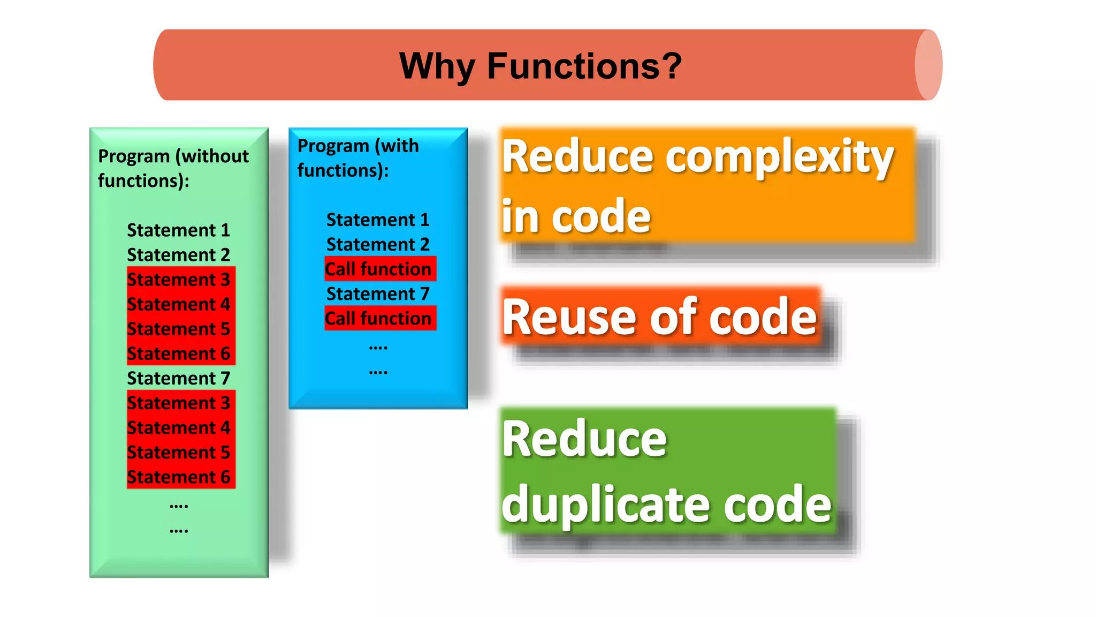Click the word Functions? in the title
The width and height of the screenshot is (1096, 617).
pyautogui.click(x=584, y=66)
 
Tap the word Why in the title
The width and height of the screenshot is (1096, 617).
pyautogui.click(x=437, y=66)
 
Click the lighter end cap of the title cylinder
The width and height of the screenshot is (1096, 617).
pyautogui.click(x=928, y=65)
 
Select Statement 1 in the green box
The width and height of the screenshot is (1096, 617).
pyautogui.click(x=178, y=230)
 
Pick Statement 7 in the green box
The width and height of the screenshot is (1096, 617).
pyautogui.click(x=178, y=379)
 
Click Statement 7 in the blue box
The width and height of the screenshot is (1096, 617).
pyautogui.click(x=378, y=294)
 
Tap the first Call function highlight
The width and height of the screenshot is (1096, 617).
pyautogui.click(x=380, y=269)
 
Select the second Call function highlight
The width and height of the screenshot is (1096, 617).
pyautogui.click(x=380, y=318)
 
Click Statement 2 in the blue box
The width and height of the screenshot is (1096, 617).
pyautogui.click(x=378, y=245)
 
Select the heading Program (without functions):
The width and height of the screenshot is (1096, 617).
pyautogui.click(x=173, y=168)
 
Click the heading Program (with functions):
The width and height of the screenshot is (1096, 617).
pyautogui.click(x=357, y=157)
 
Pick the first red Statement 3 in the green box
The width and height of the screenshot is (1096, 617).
pyautogui.click(x=178, y=280)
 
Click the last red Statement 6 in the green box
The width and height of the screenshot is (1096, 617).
pyautogui.click(x=178, y=477)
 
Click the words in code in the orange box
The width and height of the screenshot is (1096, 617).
pyautogui.click(x=576, y=216)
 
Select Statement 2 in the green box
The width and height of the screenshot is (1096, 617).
pyautogui.click(x=178, y=255)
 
